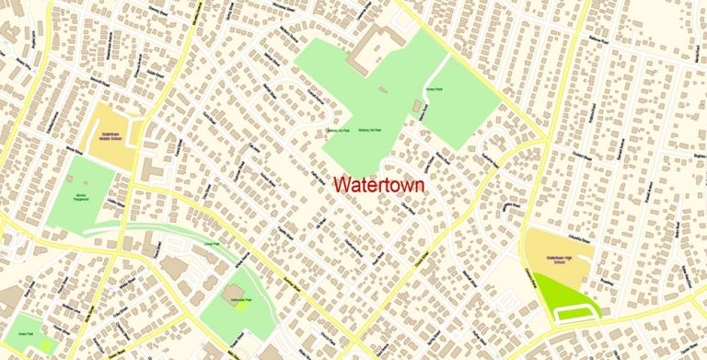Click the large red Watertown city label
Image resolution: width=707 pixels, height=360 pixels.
[378, 184]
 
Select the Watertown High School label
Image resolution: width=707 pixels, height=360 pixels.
[561, 260]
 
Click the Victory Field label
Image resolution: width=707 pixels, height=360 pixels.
[434, 89]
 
